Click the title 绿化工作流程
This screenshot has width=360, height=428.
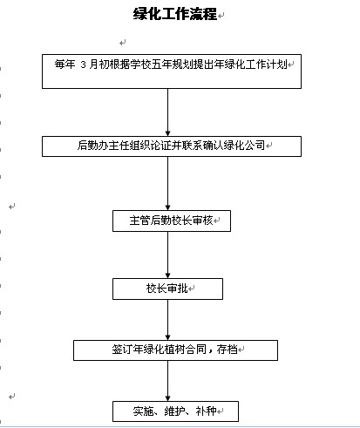(175, 14)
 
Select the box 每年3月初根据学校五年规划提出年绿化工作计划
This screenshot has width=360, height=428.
(172, 71)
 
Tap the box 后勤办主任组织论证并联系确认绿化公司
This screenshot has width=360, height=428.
(172, 146)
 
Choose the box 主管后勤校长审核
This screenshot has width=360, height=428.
(172, 221)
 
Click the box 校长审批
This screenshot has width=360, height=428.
(167, 289)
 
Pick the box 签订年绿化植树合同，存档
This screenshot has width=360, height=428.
(175, 350)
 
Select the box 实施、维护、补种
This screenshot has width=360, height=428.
(175, 411)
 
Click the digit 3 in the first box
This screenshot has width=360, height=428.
(84, 65)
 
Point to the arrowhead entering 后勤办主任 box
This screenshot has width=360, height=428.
(167, 133)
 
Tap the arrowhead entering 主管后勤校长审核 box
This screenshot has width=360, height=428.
(167, 207)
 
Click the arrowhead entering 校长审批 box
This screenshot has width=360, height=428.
(167, 275)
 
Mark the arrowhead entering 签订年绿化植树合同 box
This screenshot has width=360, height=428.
(167, 337)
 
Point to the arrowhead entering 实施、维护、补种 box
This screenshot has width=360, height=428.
(167, 398)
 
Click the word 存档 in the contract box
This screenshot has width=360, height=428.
(228, 349)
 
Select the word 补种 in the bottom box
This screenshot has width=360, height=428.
(206, 411)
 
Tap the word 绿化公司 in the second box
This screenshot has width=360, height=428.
(244, 145)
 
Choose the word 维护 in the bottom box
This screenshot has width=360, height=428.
(174, 411)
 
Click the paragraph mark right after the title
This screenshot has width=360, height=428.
(221, 16)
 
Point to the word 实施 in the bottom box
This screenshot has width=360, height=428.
(144, 411)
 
